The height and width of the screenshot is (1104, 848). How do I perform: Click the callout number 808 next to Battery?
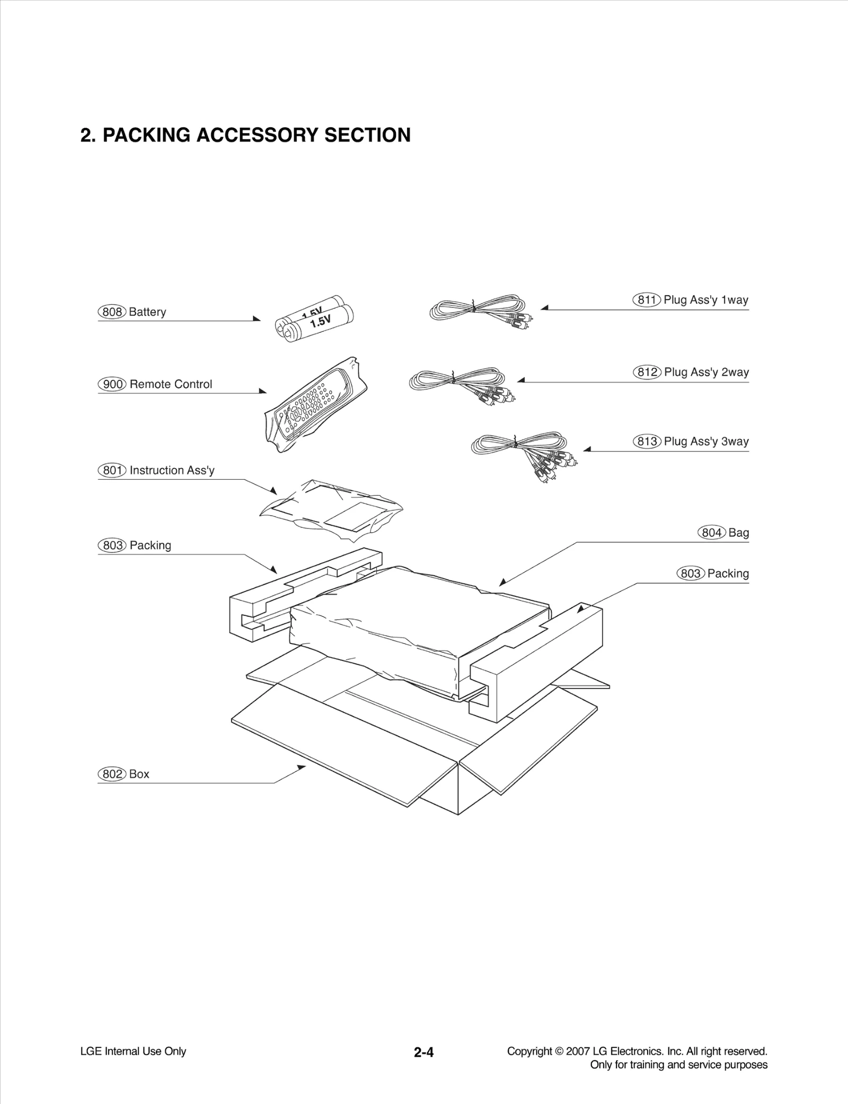112,312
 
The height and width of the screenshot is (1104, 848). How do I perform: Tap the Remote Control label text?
171,384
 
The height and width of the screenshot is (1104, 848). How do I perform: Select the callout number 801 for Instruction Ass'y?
112,470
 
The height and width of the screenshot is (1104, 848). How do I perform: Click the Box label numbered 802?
139,774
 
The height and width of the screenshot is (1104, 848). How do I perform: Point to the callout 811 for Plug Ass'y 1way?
647,300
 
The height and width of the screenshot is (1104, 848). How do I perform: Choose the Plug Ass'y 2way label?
706,372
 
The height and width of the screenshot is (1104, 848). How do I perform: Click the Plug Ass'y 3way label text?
706,441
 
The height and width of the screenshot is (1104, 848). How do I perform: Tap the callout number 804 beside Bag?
711,533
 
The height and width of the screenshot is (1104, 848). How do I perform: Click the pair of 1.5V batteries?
315,319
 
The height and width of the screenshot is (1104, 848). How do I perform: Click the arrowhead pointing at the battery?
257,319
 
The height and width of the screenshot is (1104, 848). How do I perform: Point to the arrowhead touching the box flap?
302,767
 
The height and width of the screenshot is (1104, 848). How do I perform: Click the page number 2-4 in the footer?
423,1053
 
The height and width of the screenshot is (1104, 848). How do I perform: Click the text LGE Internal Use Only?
133,1051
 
